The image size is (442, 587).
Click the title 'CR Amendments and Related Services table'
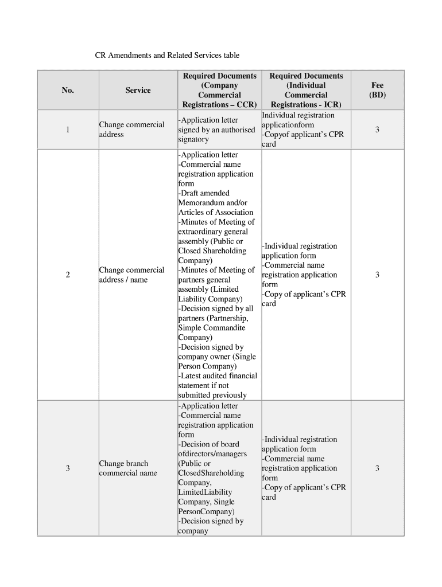(166, 56)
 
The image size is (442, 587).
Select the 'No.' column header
(68, 90)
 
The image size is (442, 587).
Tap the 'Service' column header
(138, 90)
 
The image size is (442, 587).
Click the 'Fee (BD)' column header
(377, 90)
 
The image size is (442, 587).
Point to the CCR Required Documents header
(219, 90)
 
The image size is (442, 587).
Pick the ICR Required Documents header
(306, 90)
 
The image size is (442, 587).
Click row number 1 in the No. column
(68, 130)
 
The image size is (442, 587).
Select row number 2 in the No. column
(68, 275)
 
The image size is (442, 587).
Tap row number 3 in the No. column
(68, 468)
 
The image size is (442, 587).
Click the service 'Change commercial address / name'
(131, 275)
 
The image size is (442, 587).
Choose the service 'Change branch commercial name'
(127, 468)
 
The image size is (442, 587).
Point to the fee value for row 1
(377, 130)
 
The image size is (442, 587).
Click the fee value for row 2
(377, 275)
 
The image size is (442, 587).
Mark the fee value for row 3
(377, 468)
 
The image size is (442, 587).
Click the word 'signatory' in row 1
(193, 139)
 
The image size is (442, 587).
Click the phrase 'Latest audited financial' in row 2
(218, 376)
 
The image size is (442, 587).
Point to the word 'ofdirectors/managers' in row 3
(212, 454)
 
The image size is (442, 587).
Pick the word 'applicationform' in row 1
(288, 125)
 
